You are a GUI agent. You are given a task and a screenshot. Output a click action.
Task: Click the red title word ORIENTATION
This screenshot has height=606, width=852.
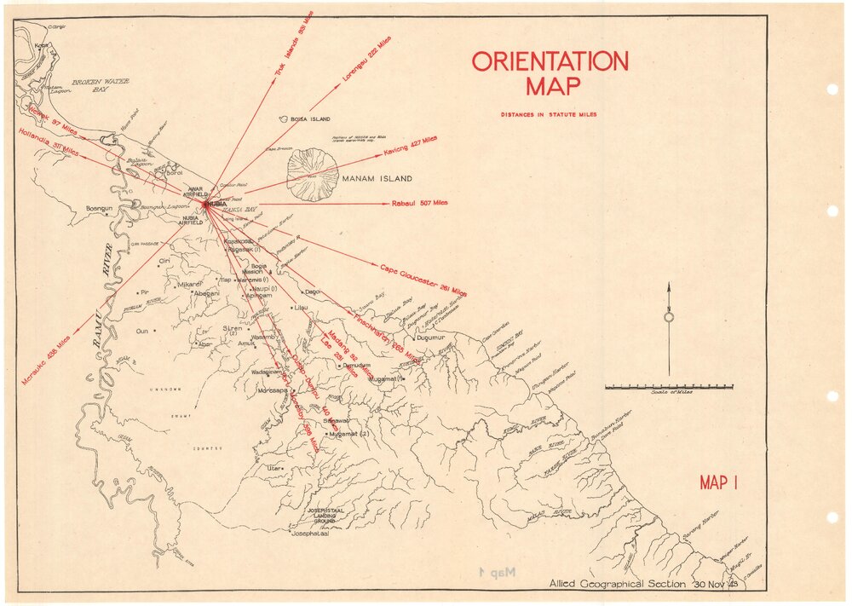pyautogui.click(x=550, y=61)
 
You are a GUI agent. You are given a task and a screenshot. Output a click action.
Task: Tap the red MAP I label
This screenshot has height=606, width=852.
pyautogui.click(x=718, y=483)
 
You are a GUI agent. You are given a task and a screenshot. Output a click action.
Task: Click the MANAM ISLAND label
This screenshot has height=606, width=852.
pyautogui.click(x=377, y=179)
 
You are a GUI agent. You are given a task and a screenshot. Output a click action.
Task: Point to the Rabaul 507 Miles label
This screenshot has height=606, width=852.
pyautogui.click(x=419, y=203)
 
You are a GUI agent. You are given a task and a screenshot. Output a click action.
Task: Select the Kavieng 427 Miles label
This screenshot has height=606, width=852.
pyautogui.click(x=410, y=144)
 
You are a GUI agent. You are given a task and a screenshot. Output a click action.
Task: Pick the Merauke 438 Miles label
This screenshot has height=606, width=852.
pyautogui.click(x=46, y=358)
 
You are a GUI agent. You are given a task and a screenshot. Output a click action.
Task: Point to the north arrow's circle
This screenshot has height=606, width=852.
pyautogui.click(x=669, y=317)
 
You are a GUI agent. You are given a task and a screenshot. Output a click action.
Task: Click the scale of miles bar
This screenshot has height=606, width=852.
pyautogui.click(x=670, y=387)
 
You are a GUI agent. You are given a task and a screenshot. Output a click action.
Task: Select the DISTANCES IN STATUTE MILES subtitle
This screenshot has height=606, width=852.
pyautogui.click(x=549, y=114)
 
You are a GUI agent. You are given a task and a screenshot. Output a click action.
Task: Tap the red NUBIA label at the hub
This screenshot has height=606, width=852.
pyautogui.click(x=217, y=204)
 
